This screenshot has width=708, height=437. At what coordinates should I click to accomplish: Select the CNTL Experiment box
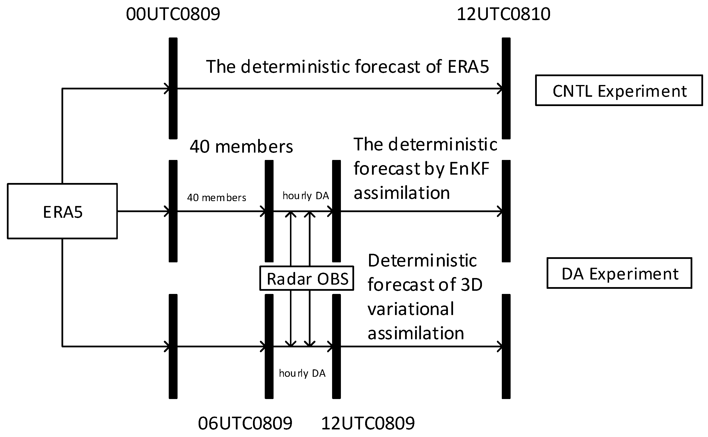pyautogui.click(x=619, y=91)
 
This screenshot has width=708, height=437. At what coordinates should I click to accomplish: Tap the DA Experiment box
pyautogui.click(x=619, y=273)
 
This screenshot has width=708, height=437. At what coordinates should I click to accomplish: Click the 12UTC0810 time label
pyautogui.click(x=504, y=14)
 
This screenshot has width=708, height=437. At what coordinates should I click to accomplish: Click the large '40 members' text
pyautogui.click(x=241, y=146)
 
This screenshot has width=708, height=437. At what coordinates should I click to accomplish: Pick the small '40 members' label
pyautogui.click(x=217, y=198)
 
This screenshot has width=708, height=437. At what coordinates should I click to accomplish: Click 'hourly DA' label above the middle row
pyautogui.click(x=306, y=196)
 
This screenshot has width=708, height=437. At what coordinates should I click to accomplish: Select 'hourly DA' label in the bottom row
pyautogui.click(x=302, y=373)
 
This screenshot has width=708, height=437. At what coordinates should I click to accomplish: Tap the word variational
pyautogui.click(x=411, y=309)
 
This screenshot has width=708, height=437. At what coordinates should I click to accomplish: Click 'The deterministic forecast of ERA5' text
pyautogui.click(x=347, y=66)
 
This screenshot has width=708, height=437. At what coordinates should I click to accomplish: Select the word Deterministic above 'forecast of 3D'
pyautogui.click(x=422, y=260)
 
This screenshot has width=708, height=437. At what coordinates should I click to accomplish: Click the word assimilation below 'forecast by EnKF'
pyautogui.click(x=402, y=193)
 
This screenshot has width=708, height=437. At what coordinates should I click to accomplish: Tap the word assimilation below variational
pyautogui.click(x=416, y=333)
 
